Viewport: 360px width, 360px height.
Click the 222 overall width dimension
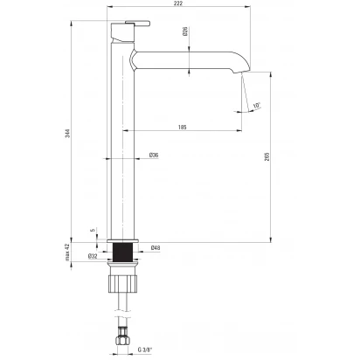point(178,3)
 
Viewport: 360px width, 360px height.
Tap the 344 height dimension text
point(68,133)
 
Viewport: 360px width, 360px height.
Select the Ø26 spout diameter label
point(185,31)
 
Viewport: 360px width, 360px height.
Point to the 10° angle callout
point(257,106)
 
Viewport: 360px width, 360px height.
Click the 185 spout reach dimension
point(183,127)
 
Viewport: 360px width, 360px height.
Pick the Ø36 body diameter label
point(154,155)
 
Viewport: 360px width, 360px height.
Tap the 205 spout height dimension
point(267,156)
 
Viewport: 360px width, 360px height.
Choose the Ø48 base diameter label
point(156,248)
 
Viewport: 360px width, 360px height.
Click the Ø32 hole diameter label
point(93,256)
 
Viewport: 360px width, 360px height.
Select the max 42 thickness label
point(67,252)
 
